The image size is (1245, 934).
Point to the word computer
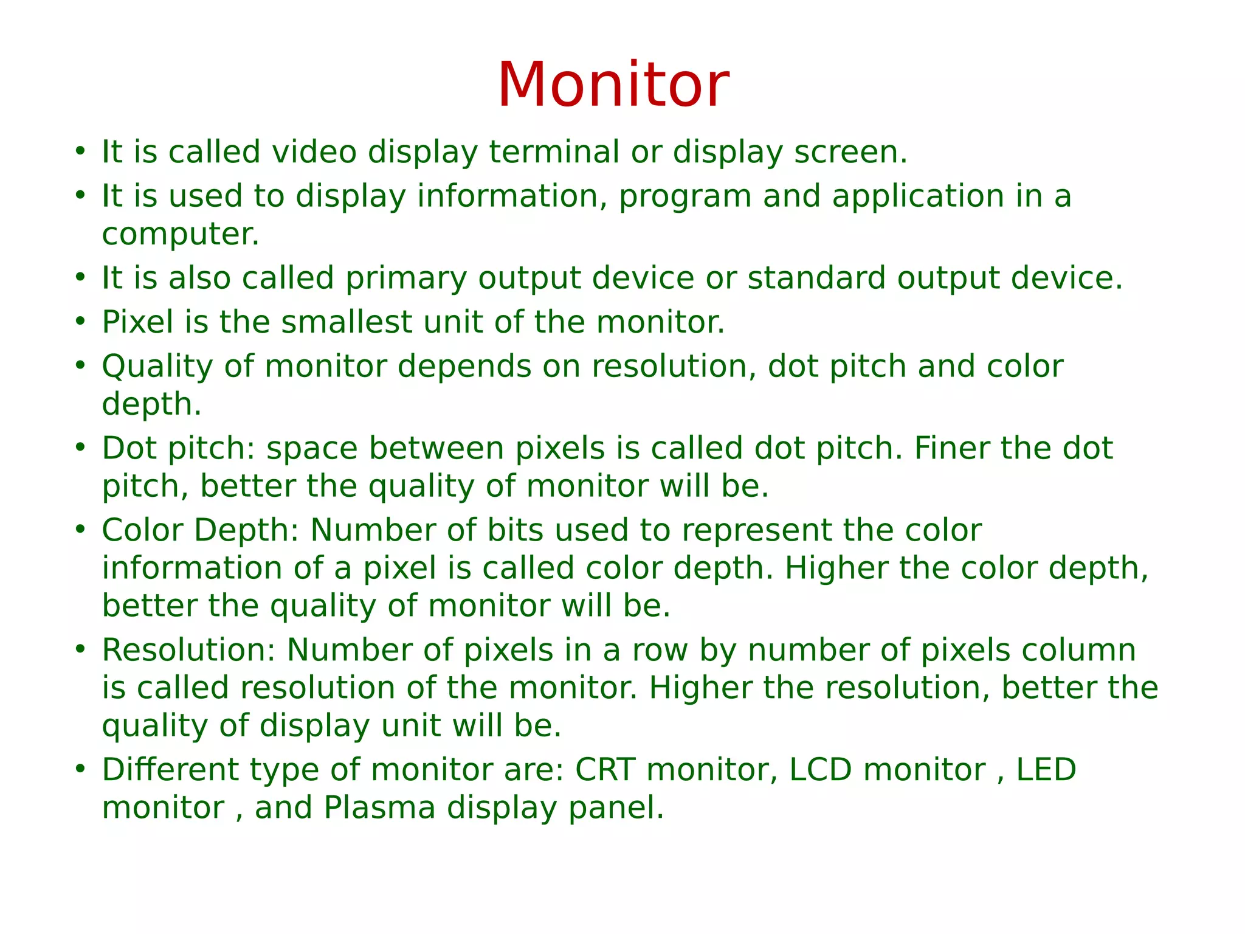(x=180, y=235)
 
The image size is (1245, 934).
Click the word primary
(x=406, y=278)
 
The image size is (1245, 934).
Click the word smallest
(x=347, y=322)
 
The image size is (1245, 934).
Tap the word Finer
(x=951, y=449)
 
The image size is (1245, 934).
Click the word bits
(x=515, y=530)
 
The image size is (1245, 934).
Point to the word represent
(x=756, y=530)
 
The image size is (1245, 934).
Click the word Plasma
(x=379, y=808)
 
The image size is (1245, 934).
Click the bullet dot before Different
(x=80, y=769)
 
